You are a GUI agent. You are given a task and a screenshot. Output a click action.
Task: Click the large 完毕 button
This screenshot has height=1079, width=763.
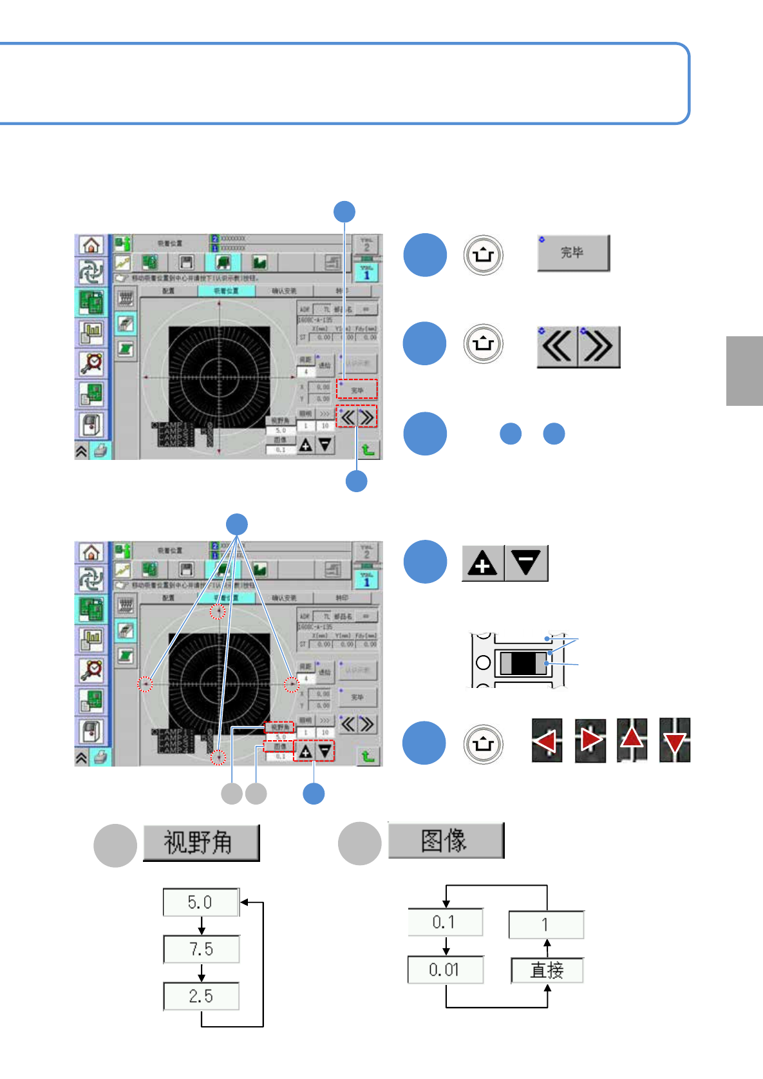tap(573, 253)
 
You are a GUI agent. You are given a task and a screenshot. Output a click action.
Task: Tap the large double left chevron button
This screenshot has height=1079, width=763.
tap(558, 347)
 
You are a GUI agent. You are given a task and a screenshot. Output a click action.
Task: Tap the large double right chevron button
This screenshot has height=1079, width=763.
tap(599, 347)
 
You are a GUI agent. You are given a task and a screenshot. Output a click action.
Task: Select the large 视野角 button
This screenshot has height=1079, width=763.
tap(201, 843)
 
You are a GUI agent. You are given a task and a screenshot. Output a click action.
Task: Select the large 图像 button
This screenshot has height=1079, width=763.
tap(446, 841)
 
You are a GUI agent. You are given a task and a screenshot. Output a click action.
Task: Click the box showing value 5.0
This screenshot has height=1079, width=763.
tap(201, 902)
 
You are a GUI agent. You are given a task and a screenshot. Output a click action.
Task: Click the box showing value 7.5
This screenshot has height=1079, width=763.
tap(201, 949)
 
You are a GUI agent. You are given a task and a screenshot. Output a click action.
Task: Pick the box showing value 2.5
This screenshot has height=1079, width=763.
tap(201, 996)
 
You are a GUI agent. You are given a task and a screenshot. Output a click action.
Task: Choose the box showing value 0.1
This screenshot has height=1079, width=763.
tap(445, 922)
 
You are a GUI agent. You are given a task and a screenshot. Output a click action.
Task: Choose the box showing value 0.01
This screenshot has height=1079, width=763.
tap(445, 969)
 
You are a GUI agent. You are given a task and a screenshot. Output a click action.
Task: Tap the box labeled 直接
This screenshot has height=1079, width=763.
tap(547, 970)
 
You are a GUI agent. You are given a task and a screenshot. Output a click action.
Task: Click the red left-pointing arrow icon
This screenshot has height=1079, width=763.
tap(547, 740)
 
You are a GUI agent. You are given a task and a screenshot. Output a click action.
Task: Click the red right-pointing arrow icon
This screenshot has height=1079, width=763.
tap(590, 740)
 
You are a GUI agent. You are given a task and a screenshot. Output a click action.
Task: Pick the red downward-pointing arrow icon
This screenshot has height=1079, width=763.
tap(675, 740)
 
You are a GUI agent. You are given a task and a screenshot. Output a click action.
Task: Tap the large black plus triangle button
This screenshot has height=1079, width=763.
tap(483, 564)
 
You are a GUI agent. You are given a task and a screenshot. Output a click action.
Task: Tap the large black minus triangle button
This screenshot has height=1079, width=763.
tap(526, 564)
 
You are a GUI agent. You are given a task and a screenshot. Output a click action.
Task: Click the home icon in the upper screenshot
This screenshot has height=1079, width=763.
tap(91, 245)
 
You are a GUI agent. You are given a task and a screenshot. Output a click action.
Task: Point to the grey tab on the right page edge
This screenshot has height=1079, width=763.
tap(744, 371)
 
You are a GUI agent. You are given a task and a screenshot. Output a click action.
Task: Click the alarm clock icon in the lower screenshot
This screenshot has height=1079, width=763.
tap(91, 671)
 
